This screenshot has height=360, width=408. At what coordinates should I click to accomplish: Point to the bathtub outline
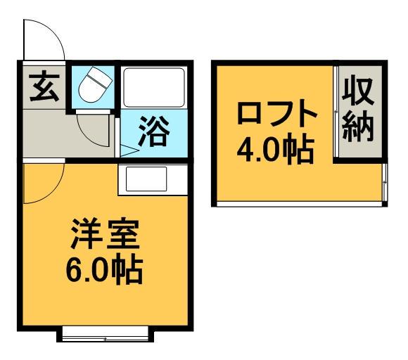pos(153,87)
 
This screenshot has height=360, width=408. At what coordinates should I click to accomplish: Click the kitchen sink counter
pos(145,181)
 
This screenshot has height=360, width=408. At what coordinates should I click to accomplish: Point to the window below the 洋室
pos(105,335)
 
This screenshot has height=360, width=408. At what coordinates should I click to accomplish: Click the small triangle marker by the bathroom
pos(128,150)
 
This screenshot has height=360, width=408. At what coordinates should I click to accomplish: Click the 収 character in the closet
pos(360,92)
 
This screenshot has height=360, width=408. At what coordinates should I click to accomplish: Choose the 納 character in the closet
pos(360,129)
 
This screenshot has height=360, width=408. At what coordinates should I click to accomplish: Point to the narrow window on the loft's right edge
pos(385,184)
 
